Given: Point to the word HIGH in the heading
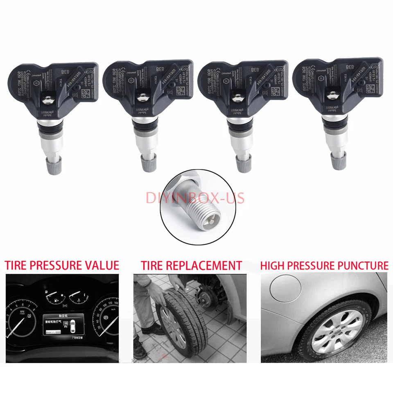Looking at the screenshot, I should click(273, 265).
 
